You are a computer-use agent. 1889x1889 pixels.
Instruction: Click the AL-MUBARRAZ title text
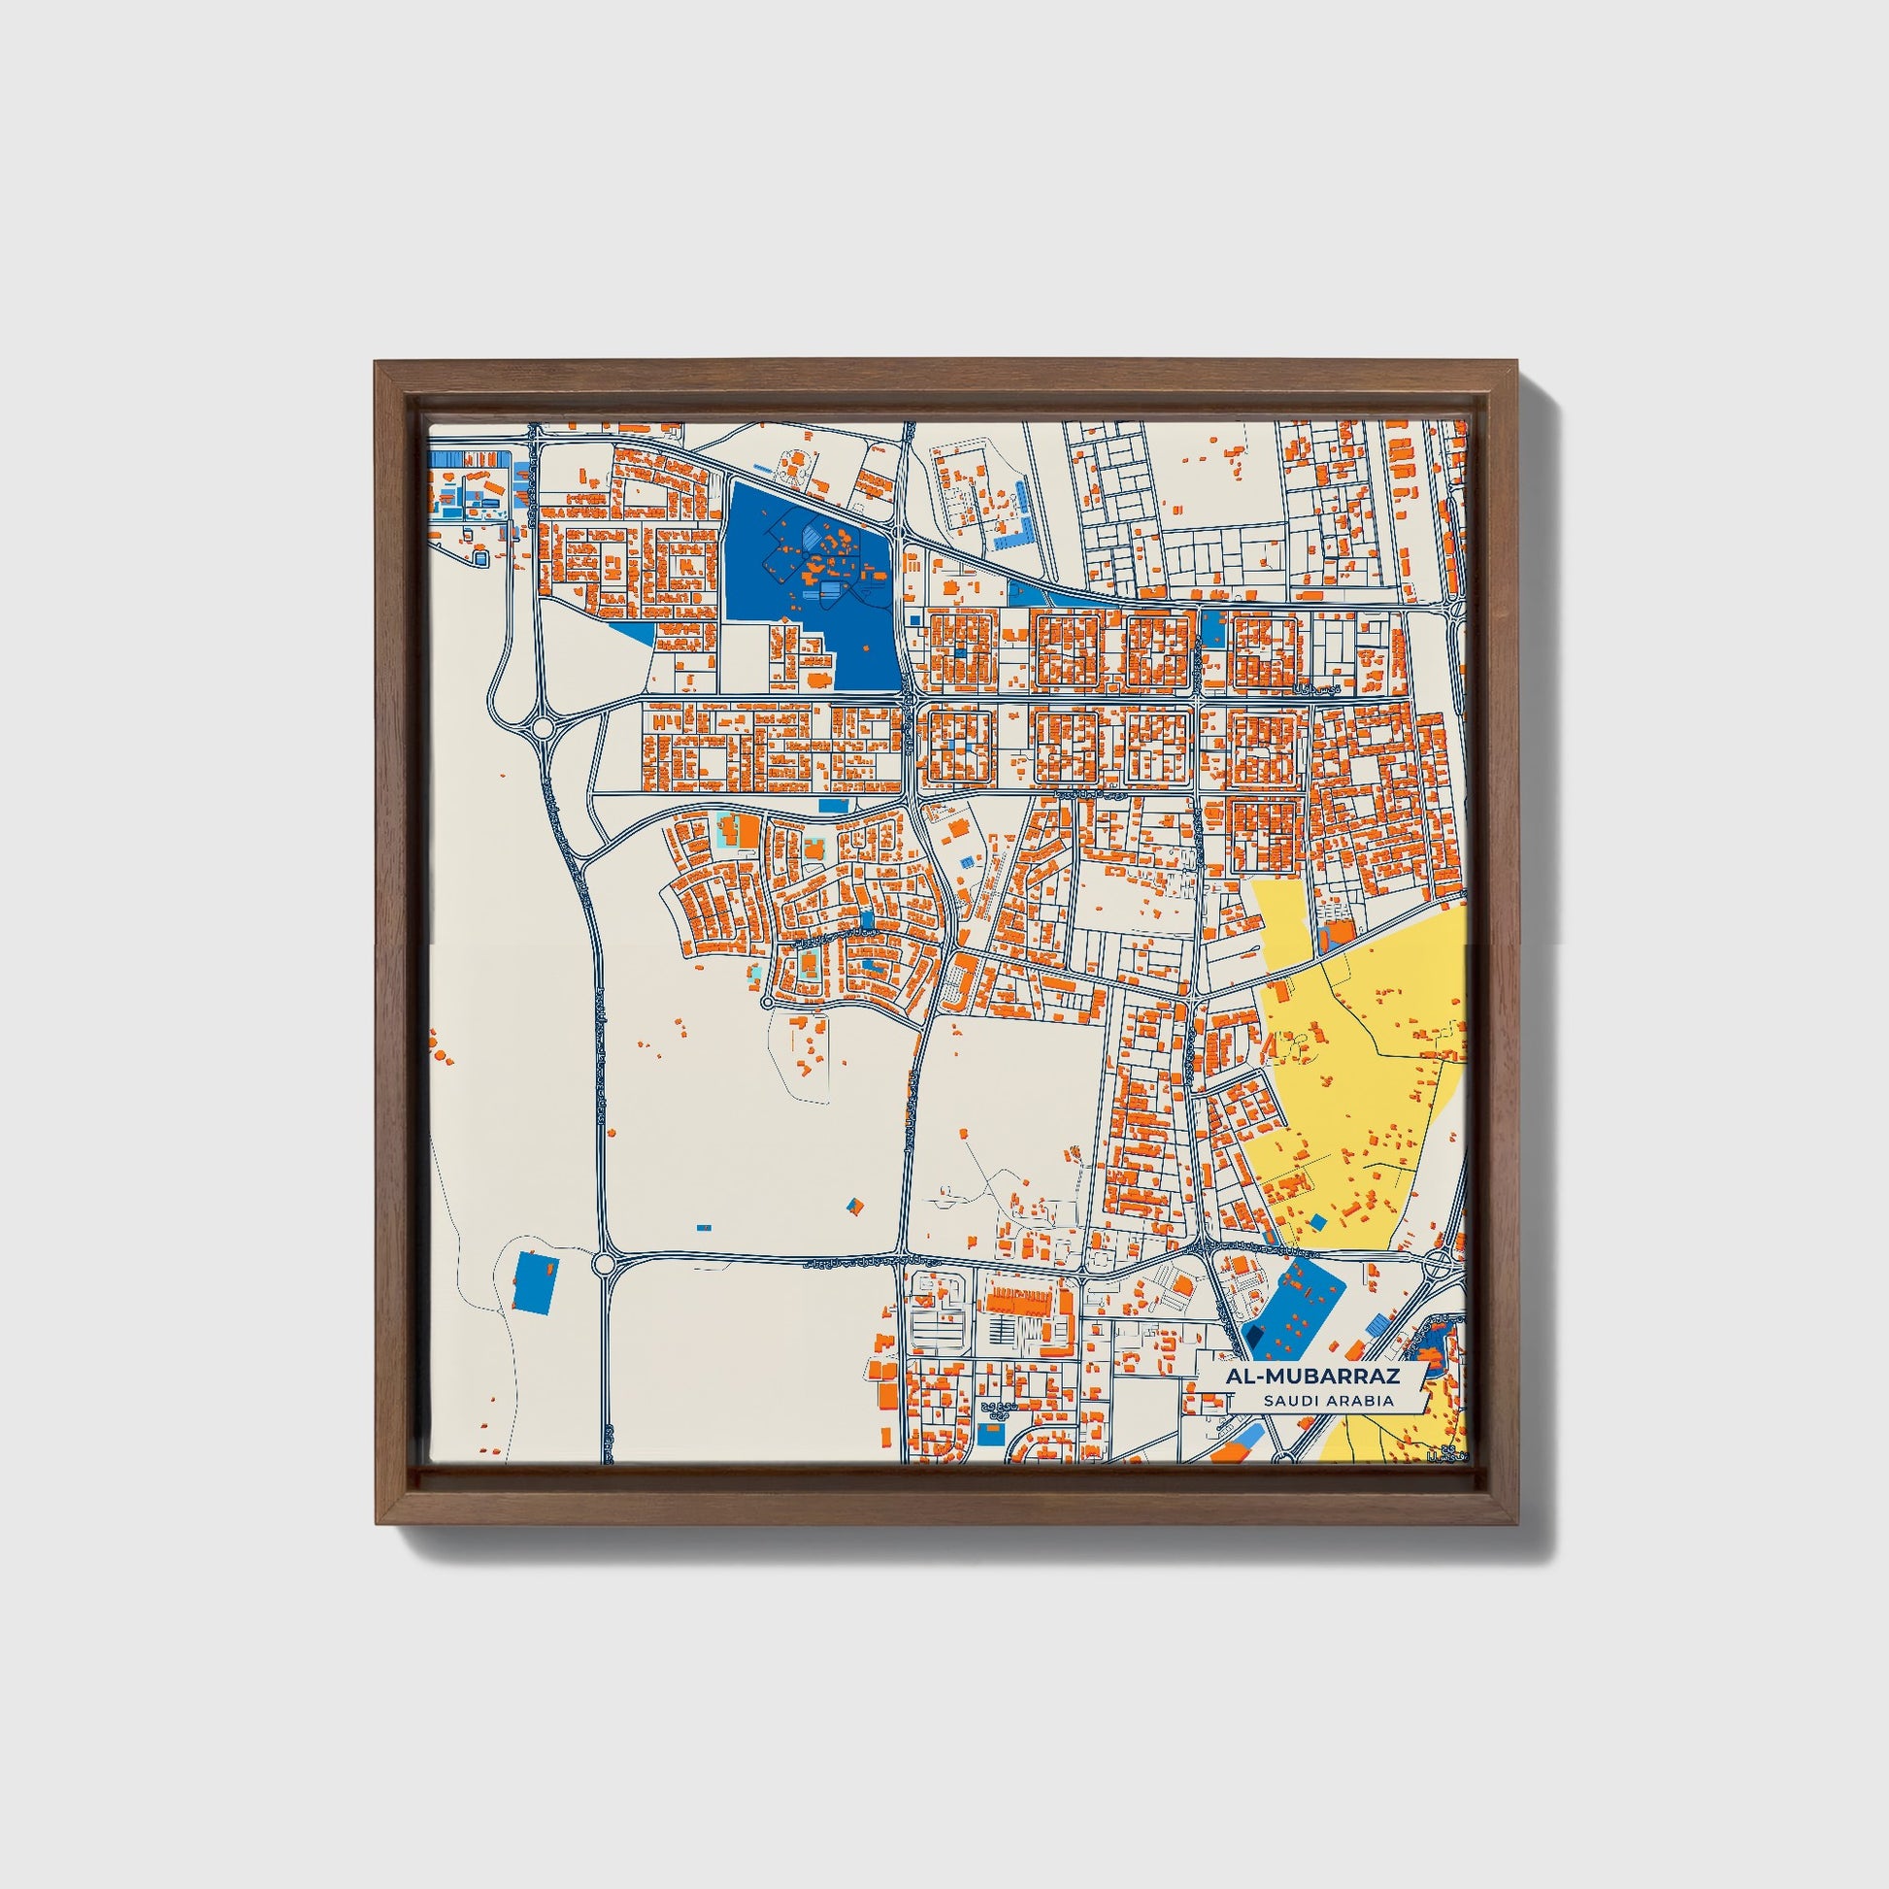[x=1314, y=1375]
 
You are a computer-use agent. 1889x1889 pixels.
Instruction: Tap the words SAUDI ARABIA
[x=1328, y=1400]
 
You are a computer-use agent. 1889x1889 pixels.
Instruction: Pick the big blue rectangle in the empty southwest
[x=534, y=1280]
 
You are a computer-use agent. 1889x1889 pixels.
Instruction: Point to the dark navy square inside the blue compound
[x=1253, y=1335]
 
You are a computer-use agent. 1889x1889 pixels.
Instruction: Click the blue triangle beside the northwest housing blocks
[x=636, y=632]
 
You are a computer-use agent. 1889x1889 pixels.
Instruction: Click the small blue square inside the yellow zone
[x=1318, y=1221]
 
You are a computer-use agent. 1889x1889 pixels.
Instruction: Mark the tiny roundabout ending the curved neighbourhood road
[x=767, y=1002]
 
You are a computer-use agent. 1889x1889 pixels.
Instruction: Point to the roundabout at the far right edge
[x=1442, y=1265]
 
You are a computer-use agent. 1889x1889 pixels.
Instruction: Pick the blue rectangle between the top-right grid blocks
[x=1213, y=627]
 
